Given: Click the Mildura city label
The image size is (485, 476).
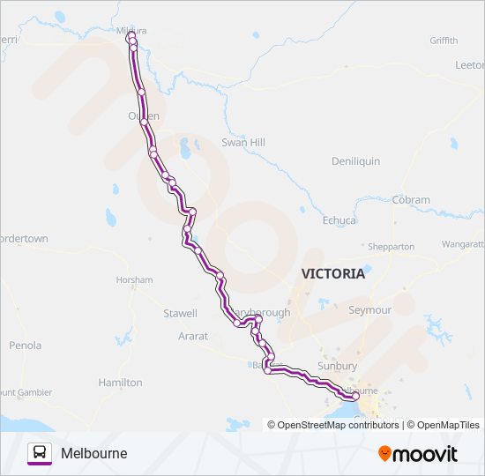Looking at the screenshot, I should (x=131, y=30).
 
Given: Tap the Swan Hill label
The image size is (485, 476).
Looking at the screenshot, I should (x=242, y=142).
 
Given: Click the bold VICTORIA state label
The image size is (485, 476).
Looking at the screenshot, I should (x=333, y=273).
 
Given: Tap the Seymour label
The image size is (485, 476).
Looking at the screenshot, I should (x=370, y=310).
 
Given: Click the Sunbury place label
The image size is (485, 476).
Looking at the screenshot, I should (x=337, y=366).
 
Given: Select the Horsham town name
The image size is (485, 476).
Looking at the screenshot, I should (x=134, y=279).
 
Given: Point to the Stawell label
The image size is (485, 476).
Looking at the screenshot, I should (x=180, y=313).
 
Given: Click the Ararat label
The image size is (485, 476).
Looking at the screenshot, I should (x=193, y=336).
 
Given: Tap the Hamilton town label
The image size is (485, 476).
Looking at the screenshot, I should (x=121, y=383).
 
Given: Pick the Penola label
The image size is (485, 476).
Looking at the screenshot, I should (x=25, y=346).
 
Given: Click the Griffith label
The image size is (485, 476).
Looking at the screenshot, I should (x=444, y=41).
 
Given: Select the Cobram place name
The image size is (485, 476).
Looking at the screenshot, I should (x=412, y=200).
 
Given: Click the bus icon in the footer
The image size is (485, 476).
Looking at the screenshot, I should (x=40, y=453).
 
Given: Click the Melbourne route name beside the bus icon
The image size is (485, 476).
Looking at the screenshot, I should (x=94, y=453).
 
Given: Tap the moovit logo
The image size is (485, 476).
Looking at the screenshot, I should (x=418, y=454).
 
